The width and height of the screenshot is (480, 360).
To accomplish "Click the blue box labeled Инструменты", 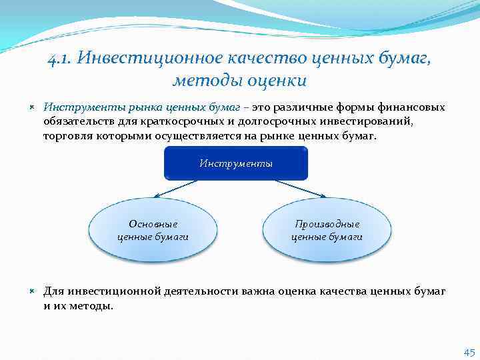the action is (236, 163).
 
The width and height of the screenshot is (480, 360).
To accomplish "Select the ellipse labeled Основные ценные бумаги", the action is (153, 230).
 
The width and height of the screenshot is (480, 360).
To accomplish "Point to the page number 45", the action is (468, 352).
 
